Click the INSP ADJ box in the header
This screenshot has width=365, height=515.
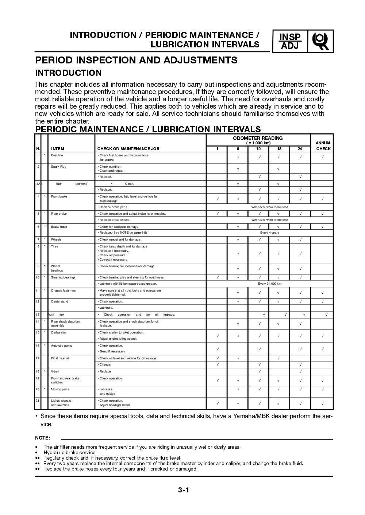(x=290, y=41)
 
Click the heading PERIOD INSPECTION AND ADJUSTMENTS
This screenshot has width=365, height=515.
(x=136, y=60)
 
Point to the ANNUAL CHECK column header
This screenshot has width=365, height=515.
(x=323, y=146)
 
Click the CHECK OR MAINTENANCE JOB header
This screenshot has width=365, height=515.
(x=128, y=149)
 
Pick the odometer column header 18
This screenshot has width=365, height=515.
(x=279, y=149)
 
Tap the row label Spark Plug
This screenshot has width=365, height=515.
(x=58, y=167)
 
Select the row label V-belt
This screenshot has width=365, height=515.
(x=56, y=371)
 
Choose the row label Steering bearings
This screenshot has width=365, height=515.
(x=63, y=277)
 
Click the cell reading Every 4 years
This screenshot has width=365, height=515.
(x=269, y=233)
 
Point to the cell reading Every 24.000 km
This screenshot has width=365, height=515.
(x=269, y=284)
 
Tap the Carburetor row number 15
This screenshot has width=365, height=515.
(x=38, y=332)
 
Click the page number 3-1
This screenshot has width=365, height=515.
(x=183, y=490)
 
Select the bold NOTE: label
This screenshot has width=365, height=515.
(x=42, y=438)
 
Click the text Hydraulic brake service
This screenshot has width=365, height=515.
(x=69, y=453)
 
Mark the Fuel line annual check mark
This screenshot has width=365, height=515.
(x=322, y=157)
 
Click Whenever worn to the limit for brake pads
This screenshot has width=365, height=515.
(x=269, y=207)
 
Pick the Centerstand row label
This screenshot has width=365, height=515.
(x=59, y=301)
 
